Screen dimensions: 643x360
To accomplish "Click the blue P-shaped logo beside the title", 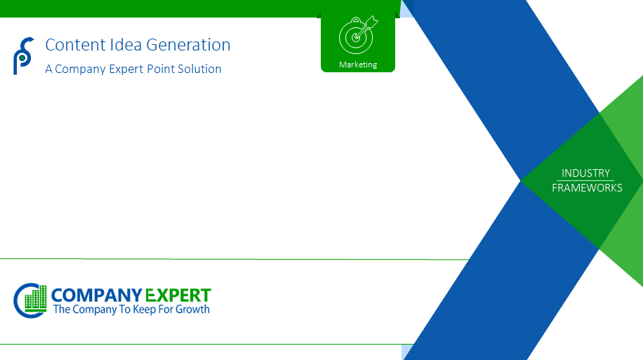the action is (23, 55).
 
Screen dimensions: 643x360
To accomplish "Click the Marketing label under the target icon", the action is (358, 65).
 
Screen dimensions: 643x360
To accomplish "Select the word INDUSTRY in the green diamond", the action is (585, 173).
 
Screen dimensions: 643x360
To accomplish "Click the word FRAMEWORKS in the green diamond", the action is (587, 188).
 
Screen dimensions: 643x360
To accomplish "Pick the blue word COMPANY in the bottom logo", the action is (96, 295).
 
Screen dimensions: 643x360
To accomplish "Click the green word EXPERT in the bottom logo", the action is (178, 295).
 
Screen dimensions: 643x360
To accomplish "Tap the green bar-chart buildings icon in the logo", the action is (36, 298).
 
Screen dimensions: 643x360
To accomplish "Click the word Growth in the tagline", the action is (192, 309).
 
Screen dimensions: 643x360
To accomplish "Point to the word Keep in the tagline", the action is (145, 309).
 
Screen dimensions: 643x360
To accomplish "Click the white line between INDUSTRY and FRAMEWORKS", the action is (585, 180).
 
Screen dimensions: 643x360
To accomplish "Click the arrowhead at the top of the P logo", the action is (31, 39).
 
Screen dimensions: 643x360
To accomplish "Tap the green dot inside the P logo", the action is (22, 58).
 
